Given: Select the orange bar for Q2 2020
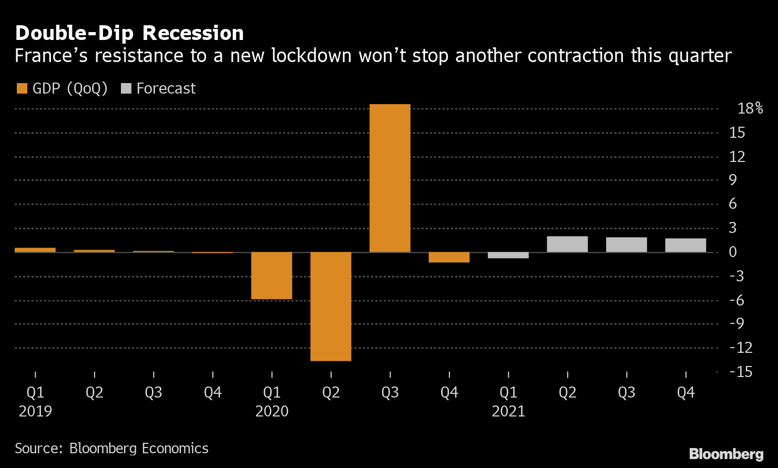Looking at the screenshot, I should [x=331, y=306].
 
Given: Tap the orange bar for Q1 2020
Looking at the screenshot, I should [x=271, y=276].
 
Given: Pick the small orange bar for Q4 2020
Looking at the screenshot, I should [x=449, y=257].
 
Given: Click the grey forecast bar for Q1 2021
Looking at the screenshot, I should [x=508, y=256].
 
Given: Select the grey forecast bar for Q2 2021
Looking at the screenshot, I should [x=567, y=245].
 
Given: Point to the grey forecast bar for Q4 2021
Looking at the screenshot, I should [x=685, y=246].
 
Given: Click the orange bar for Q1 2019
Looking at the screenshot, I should [x=35, y=250].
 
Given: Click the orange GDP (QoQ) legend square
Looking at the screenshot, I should [x=22, y=88].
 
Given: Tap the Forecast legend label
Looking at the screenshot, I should [x=166, y=88].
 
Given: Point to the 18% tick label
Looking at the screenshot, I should [x=750, y=108].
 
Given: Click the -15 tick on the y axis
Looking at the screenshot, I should [x=741, y=372].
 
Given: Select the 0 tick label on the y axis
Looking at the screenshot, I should [x=733, y=252].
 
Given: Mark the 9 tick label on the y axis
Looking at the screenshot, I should [x=733, y=180].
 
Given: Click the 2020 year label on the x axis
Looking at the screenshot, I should [x=272, y=411].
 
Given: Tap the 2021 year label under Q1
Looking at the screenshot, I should [x=508, y=411].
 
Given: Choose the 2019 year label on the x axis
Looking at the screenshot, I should [x=35, y=411].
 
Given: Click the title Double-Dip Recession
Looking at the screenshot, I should [x=129, y=33].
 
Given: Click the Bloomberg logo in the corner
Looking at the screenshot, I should [x=726, y=453].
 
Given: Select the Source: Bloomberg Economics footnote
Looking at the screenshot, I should [x=111, y=448].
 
